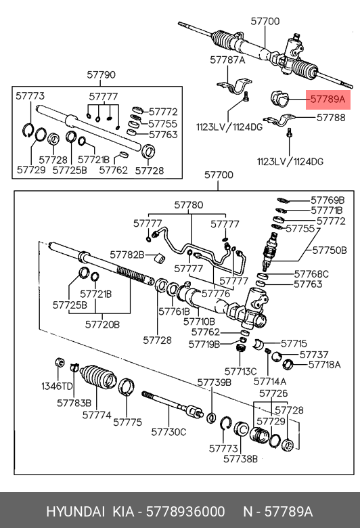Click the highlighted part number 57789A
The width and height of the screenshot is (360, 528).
click(328, 100)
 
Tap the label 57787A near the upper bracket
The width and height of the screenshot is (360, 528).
click(227, 60)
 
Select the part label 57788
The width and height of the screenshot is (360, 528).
click(331, 118)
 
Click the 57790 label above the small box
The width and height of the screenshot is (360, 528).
click(101, 74)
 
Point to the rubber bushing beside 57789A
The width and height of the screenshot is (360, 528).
click(279, 98)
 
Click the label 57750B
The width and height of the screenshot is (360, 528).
click(330, 250)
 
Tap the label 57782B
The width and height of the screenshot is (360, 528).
click(127, 255)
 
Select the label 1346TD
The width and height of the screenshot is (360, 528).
click(57, 386)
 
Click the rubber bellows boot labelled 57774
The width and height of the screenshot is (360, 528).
click(98, 377)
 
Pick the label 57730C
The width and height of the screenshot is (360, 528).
click(168, 432)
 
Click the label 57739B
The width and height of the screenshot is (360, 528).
click(215, 382)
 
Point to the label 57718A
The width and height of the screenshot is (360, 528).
click(324, 365)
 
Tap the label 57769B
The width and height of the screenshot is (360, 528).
click(328, 200)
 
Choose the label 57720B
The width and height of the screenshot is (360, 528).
click(102, 325)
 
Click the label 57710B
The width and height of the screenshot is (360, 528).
click(199, 322)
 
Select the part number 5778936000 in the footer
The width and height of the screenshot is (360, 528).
click(185, 512)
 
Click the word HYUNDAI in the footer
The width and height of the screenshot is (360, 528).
click(75, 512)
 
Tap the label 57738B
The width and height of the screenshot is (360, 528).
click(240, 459)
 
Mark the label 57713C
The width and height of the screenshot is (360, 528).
click(240, 372)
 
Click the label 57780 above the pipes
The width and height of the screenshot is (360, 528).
click(189, 205)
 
